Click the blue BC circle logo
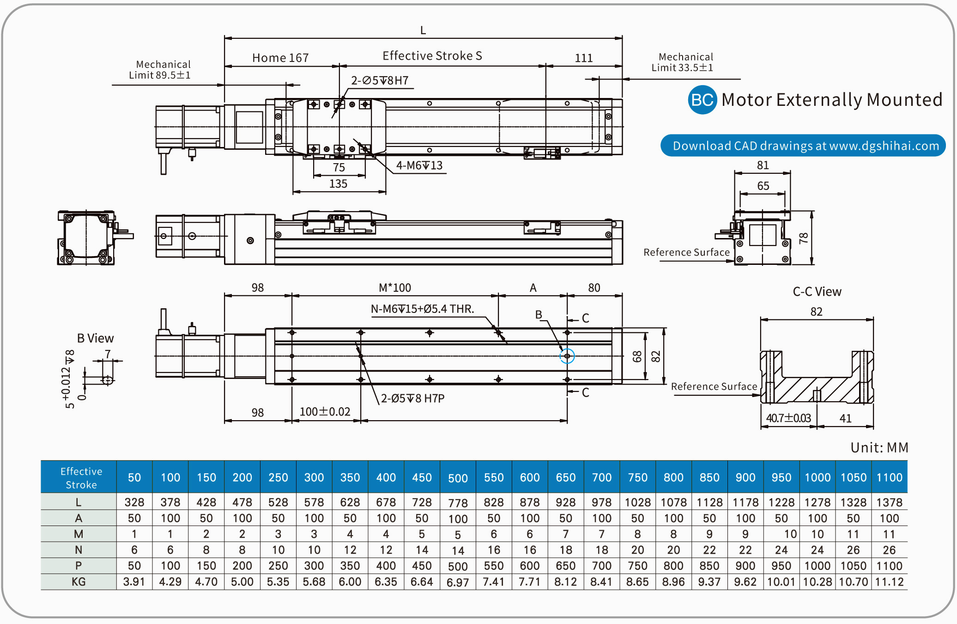[x=702, y=100]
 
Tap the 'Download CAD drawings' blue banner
[x=803, y=146]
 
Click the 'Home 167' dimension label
[x=280, y=58]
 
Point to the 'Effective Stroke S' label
[x=432, y=56]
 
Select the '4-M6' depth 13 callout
[x=419, y=165]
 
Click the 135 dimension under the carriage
[x=338, y=184]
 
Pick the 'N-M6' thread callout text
[x=422, y=309]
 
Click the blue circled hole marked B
[x=567, y=356]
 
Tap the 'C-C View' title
[x=817, y=292]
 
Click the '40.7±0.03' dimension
[x=788, y=418]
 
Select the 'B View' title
[x=95, y=338]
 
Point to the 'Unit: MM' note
[x=879, y=447]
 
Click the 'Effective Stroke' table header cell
[x=81, y=477]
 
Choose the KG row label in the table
[x=79, y=581]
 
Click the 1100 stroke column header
[x=889, y=477]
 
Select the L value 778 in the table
[x=458, y=502]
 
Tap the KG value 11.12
[x=889, y=581]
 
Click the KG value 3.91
[x=134, y=581]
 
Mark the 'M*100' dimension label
[x=394, y=288]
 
